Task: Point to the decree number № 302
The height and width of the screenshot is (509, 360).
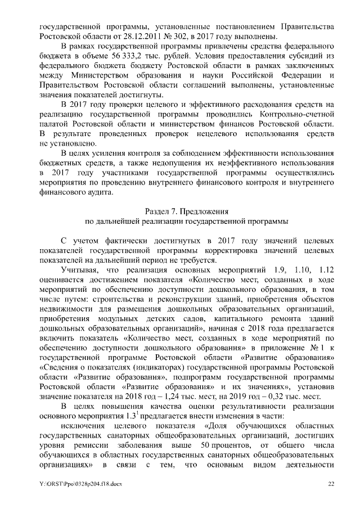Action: point(179,37)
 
